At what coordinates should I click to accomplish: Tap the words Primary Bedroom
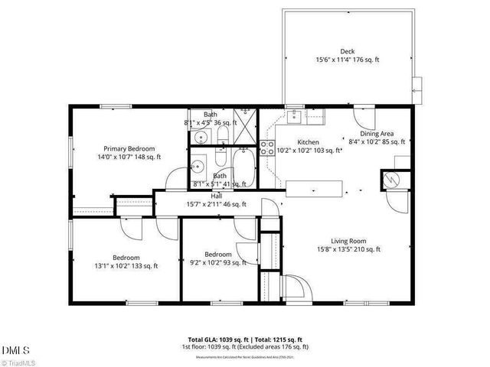click(x=129, y=148)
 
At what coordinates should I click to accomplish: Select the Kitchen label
click(x=308, y=142)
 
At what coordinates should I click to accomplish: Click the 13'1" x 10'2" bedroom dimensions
click(x=125, y=266)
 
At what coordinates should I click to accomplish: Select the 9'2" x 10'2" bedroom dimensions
click(x=219, y=262)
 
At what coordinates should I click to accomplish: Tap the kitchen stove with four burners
click(x=268, y=147)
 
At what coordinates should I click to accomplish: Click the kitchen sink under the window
click(x=295, y=116)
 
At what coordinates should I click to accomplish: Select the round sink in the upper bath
click(x=200, y=138)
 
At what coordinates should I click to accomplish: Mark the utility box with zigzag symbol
click(x=391, y=180)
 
